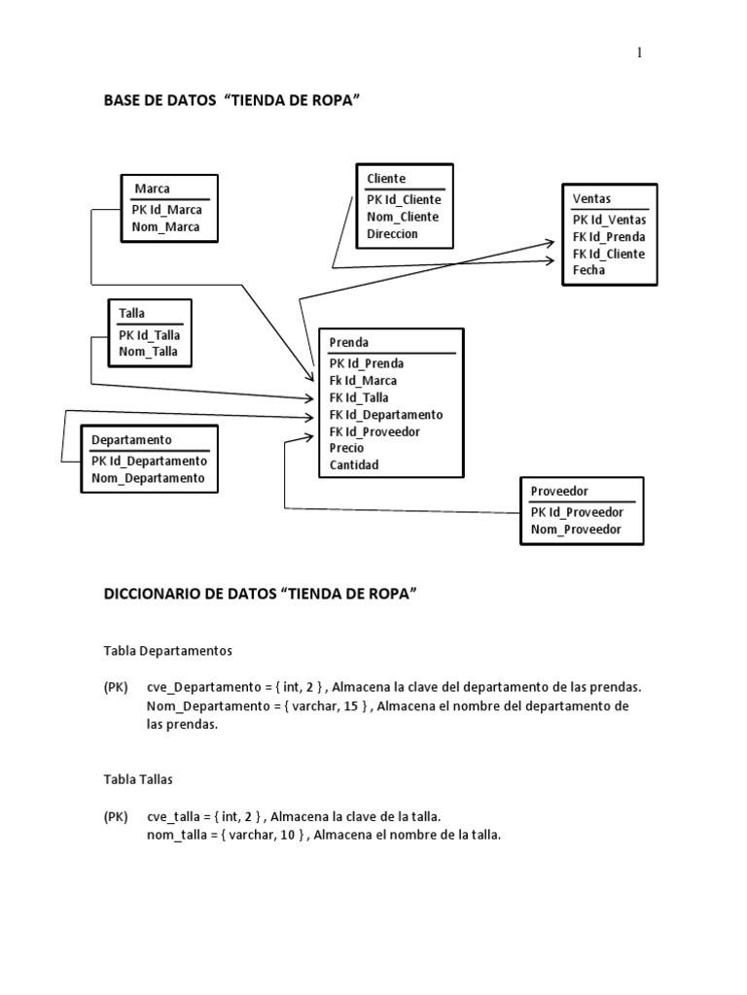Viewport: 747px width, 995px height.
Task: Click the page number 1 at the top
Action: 639,52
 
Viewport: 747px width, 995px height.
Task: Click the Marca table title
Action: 153,189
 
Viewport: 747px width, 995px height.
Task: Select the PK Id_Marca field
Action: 167,209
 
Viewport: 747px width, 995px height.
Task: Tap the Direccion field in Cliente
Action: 392,234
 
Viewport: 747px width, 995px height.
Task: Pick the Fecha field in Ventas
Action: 588,270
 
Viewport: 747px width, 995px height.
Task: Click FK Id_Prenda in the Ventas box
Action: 609,236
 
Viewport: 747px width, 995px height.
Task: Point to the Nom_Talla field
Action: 148,351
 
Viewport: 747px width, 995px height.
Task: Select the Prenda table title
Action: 348,342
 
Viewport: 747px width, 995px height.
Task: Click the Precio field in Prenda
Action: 346,448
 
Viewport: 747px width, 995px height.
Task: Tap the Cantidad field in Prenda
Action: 354,464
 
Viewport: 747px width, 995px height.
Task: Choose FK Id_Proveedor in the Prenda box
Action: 374,431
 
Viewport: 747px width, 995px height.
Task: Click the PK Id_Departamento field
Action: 149,461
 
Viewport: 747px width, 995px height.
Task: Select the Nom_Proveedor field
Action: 576,530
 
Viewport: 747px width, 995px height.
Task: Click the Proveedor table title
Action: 559,491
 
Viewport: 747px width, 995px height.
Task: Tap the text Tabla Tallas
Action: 138,779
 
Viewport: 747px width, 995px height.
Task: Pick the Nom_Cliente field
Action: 403,217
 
